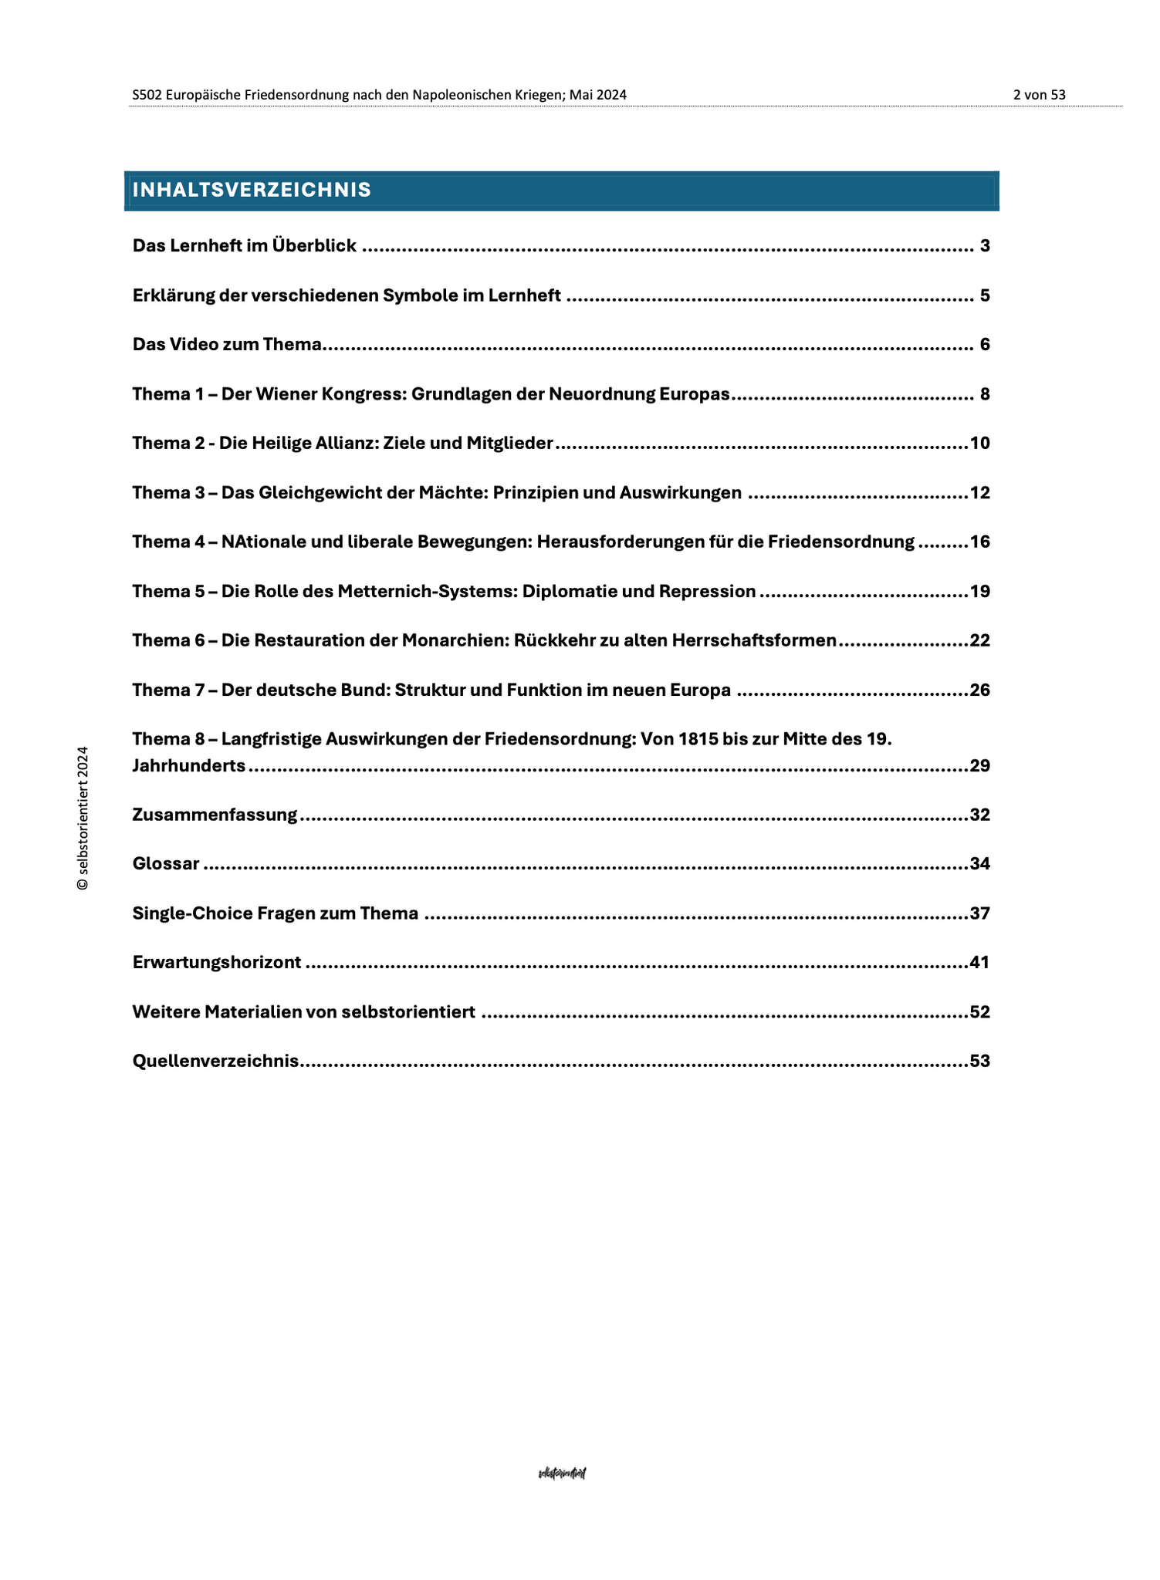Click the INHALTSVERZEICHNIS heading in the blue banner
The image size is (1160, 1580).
[252, 190]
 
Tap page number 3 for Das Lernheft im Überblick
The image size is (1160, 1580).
[984, 246]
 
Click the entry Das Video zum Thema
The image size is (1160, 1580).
[227, 344]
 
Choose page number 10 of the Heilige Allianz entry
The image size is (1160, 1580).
[979, 443]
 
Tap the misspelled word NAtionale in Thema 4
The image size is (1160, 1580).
[259, 542]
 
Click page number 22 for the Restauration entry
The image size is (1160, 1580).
[979, 640]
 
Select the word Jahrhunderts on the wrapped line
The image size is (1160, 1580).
[189, 766]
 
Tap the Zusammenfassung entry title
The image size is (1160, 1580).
[215, 815]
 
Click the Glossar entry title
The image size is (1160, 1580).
[166, 863]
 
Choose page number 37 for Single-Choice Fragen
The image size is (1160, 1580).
[979, 913]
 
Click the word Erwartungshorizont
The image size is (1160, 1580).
[217, 963]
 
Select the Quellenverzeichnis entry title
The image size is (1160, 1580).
[215, 1061]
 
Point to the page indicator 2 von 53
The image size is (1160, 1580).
[1039, 95]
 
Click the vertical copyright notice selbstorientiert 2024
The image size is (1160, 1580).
[83, 819]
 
